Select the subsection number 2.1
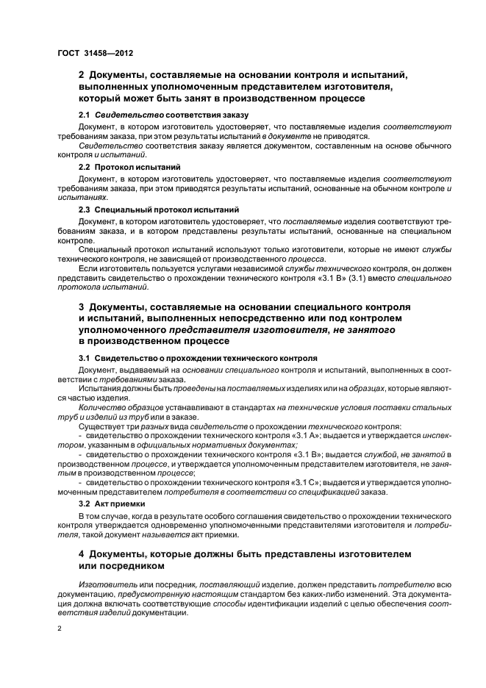85,115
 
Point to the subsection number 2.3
85,209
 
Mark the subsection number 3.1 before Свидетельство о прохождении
85,357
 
